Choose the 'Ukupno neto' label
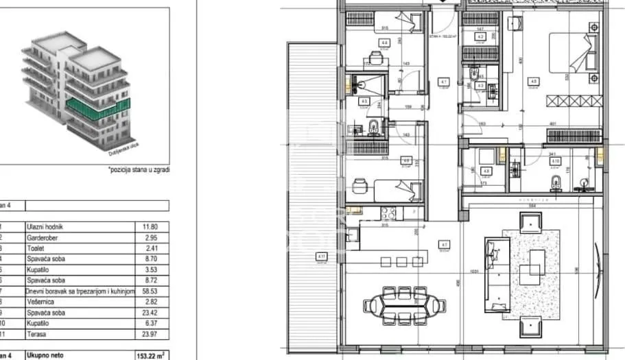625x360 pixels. (46, 355)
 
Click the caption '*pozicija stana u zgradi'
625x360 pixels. (139, 169)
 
